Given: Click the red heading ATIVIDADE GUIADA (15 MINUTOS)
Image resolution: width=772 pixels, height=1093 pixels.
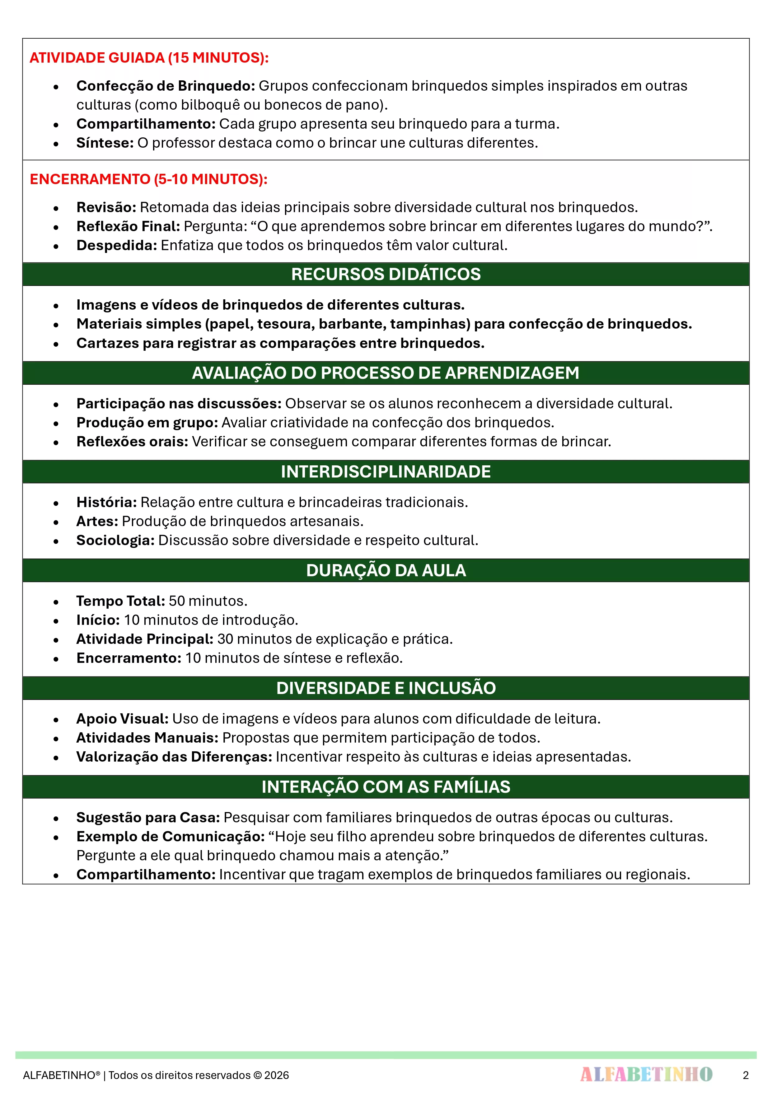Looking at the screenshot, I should (x=149, y=58).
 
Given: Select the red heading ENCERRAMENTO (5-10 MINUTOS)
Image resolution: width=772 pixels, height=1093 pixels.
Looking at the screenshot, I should (x=148, y=179).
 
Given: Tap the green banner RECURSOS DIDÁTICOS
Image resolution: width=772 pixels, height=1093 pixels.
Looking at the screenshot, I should (x=386, y=274).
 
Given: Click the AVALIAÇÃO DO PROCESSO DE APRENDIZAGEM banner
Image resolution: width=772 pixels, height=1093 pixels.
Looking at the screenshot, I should (x=386, y=373).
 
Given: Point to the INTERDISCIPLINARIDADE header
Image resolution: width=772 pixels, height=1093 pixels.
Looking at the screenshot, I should (x=386, y=472).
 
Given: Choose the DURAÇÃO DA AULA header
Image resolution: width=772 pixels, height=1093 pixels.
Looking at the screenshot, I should (x=386, y=570).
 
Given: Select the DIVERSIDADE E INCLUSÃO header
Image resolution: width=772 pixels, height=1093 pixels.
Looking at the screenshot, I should (x=386, y=688).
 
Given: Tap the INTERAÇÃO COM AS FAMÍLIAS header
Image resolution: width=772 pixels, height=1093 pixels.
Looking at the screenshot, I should (x=386, y=787).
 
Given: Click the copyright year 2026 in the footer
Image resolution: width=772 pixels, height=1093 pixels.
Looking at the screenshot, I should (x=277, y=1075).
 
